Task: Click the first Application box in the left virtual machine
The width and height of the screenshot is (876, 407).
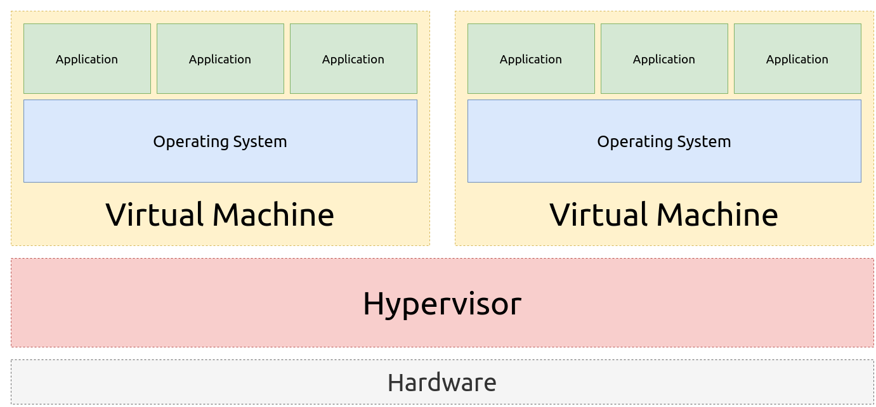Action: point(87,59)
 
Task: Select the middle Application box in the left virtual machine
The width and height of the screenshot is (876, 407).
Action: point(220,59)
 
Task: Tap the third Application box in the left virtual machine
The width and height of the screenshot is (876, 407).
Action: point(353,59)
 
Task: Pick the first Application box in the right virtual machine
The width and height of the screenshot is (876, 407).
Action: point(531,59)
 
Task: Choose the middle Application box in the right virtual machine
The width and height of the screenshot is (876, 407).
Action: point(664,59)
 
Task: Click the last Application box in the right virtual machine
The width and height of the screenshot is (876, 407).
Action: point(797,59)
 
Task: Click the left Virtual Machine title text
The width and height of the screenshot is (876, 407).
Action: point(219,214)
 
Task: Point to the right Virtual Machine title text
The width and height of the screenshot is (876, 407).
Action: point(664,214)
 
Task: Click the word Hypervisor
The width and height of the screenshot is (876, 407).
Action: point(441,304)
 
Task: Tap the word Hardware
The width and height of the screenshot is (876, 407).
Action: point(441,383)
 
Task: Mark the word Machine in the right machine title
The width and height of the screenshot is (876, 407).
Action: point(717,214)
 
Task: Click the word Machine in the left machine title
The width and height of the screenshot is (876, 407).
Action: point(273,214)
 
